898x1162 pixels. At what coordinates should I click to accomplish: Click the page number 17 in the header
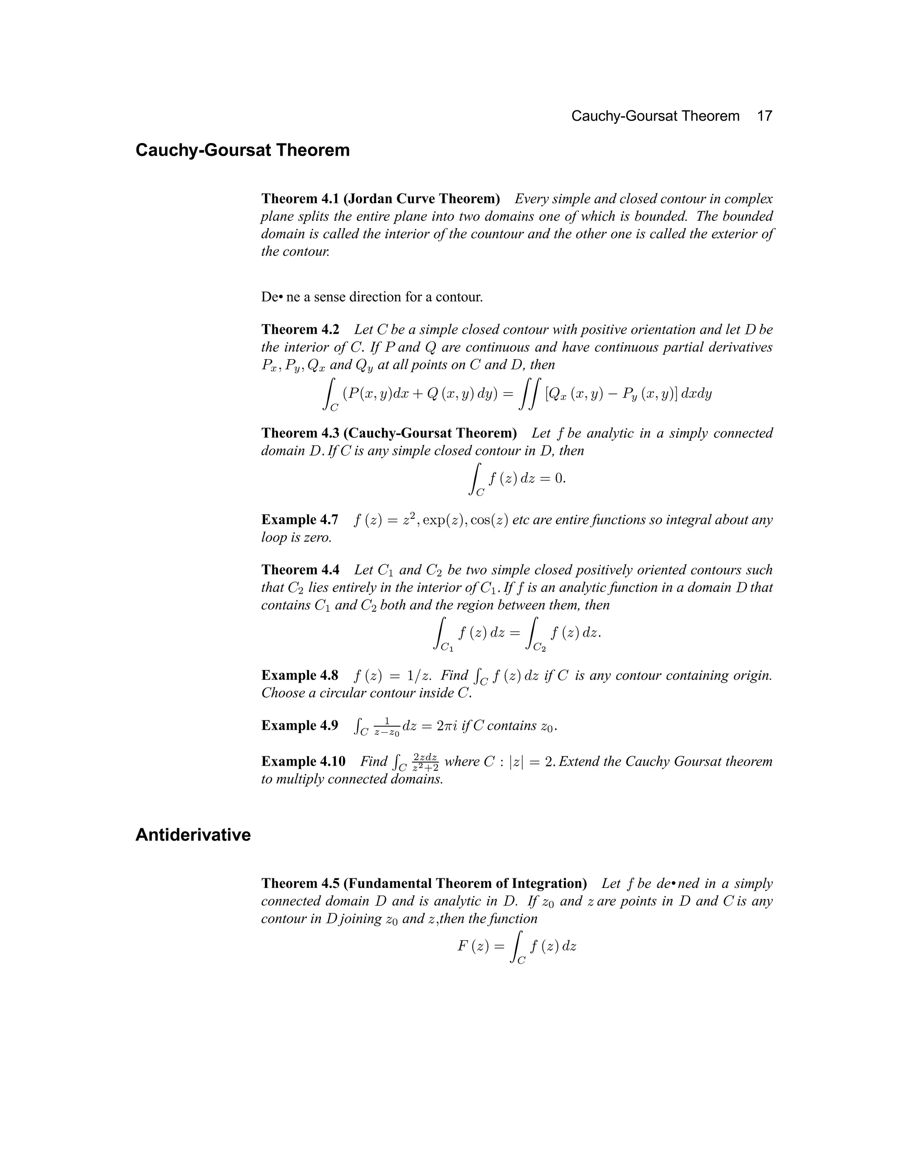764,116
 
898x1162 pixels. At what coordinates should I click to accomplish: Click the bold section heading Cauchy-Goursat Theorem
242,150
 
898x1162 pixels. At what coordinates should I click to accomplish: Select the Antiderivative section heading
192,835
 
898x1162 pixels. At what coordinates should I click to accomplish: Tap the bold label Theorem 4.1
300,199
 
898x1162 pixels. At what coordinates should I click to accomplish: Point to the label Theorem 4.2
300,329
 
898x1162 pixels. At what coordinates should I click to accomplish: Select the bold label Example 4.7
299,520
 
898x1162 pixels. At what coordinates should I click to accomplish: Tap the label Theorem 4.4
300,570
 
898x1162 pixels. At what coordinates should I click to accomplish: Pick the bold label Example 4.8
299,675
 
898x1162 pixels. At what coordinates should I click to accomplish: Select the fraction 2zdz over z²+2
425,763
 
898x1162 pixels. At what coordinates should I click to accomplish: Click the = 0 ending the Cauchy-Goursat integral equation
553,478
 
